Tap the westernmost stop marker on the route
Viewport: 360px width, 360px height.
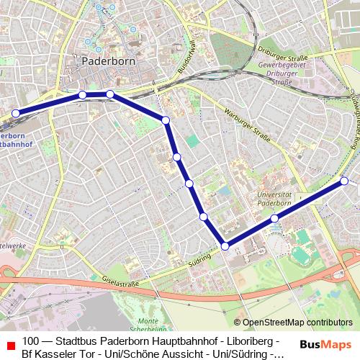[15, 113]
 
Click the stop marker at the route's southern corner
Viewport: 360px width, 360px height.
[225, 246]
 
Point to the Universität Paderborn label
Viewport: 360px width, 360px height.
[274, 198]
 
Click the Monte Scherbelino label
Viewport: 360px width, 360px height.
[149, 325]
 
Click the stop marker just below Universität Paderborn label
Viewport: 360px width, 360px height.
[274, 217]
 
